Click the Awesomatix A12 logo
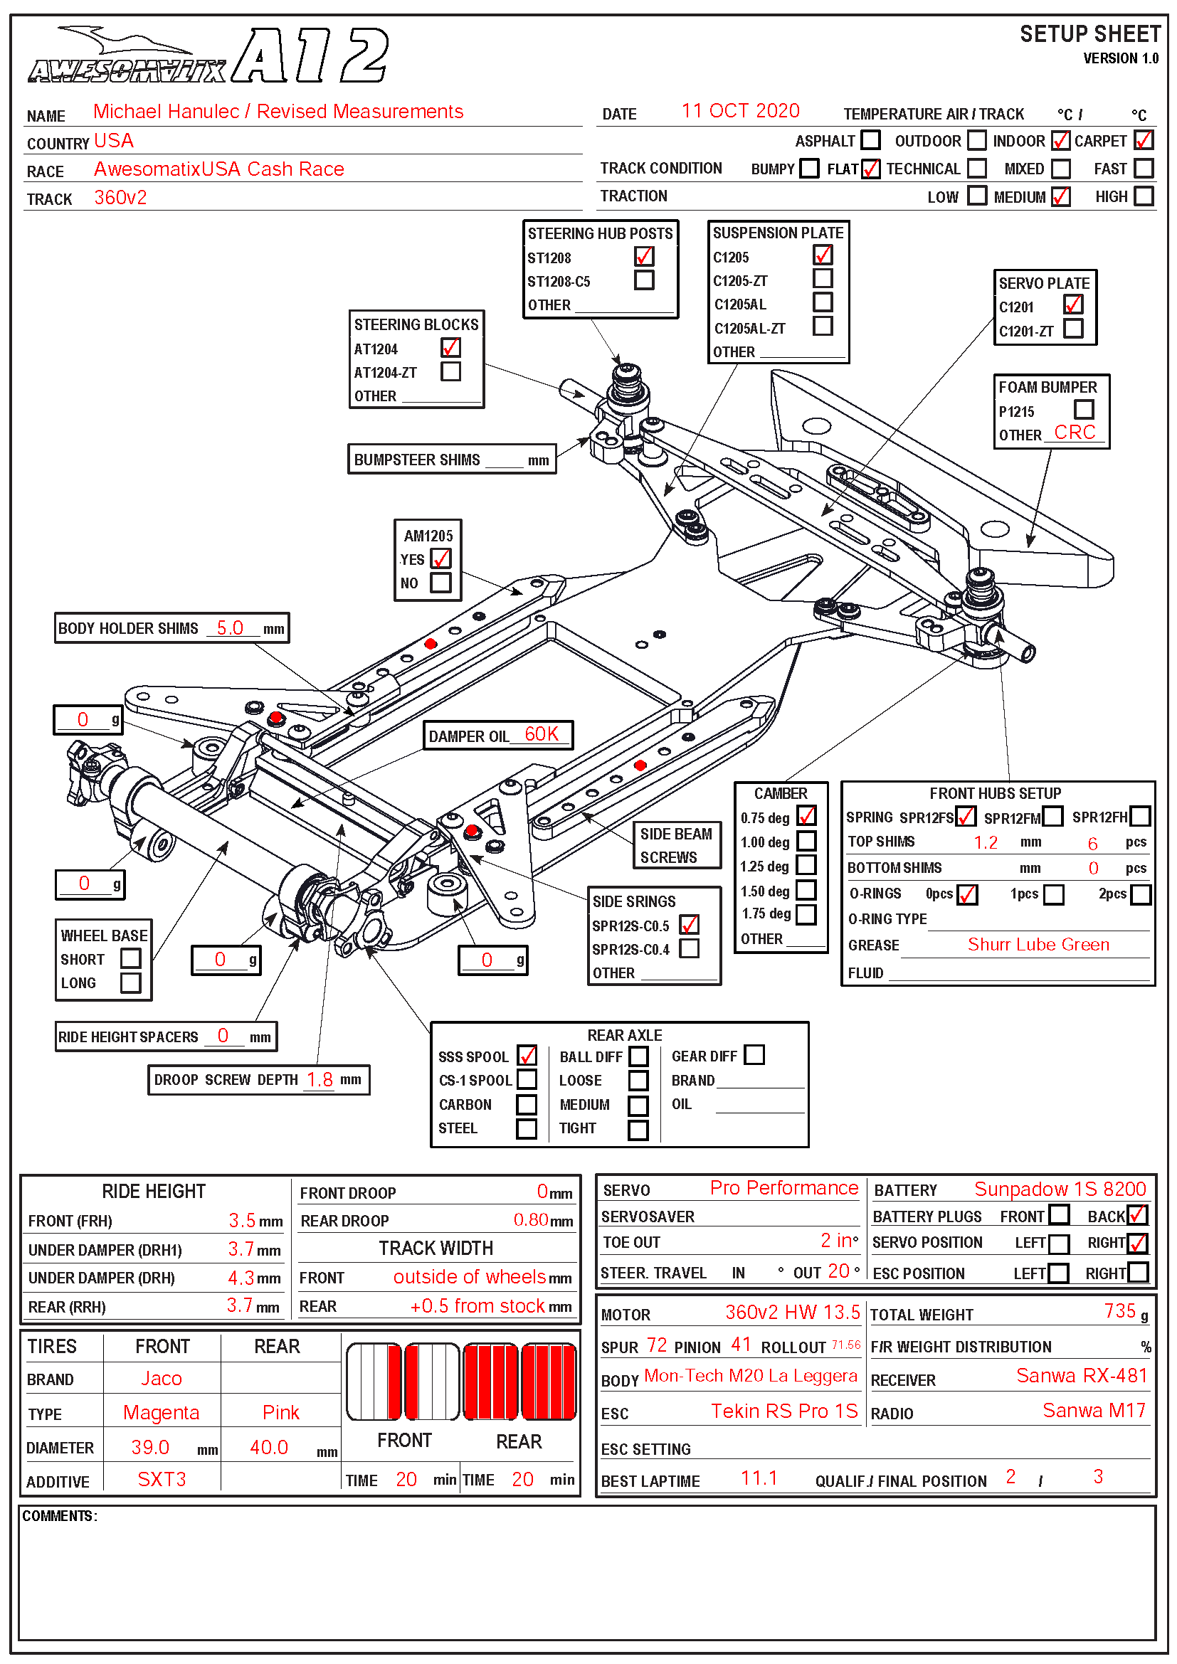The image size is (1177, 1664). [x=208, y=56]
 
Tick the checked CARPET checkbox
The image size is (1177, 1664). [x=1143, y=140]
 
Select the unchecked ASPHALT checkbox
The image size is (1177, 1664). [x=870, y=140]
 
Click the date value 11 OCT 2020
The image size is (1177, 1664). [x=740, y=111]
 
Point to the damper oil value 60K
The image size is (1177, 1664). [x=542, y=734]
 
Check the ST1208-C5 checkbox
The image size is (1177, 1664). [x=643, y=280]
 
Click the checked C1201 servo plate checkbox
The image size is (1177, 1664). [x=1073, y=305]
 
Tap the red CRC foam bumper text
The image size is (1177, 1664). [x=1074, y=433]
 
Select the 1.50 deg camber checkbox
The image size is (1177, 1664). [x=806, y=890]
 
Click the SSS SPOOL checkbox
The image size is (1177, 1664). [x=527, y=1055]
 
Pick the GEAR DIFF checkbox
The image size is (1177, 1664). [x=754, y=1054]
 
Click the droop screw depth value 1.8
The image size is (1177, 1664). [x=320, y=1080]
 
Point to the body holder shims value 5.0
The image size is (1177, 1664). [x=230, y=627]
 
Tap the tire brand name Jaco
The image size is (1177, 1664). [x=161, y=1379]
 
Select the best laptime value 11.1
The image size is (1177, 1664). [x=759, y=1478]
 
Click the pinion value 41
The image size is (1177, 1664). [x=741, y=1345]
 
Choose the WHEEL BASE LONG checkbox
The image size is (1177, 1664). [x=130, y=982]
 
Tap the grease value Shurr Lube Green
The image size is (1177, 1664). [x=1038, y=944]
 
